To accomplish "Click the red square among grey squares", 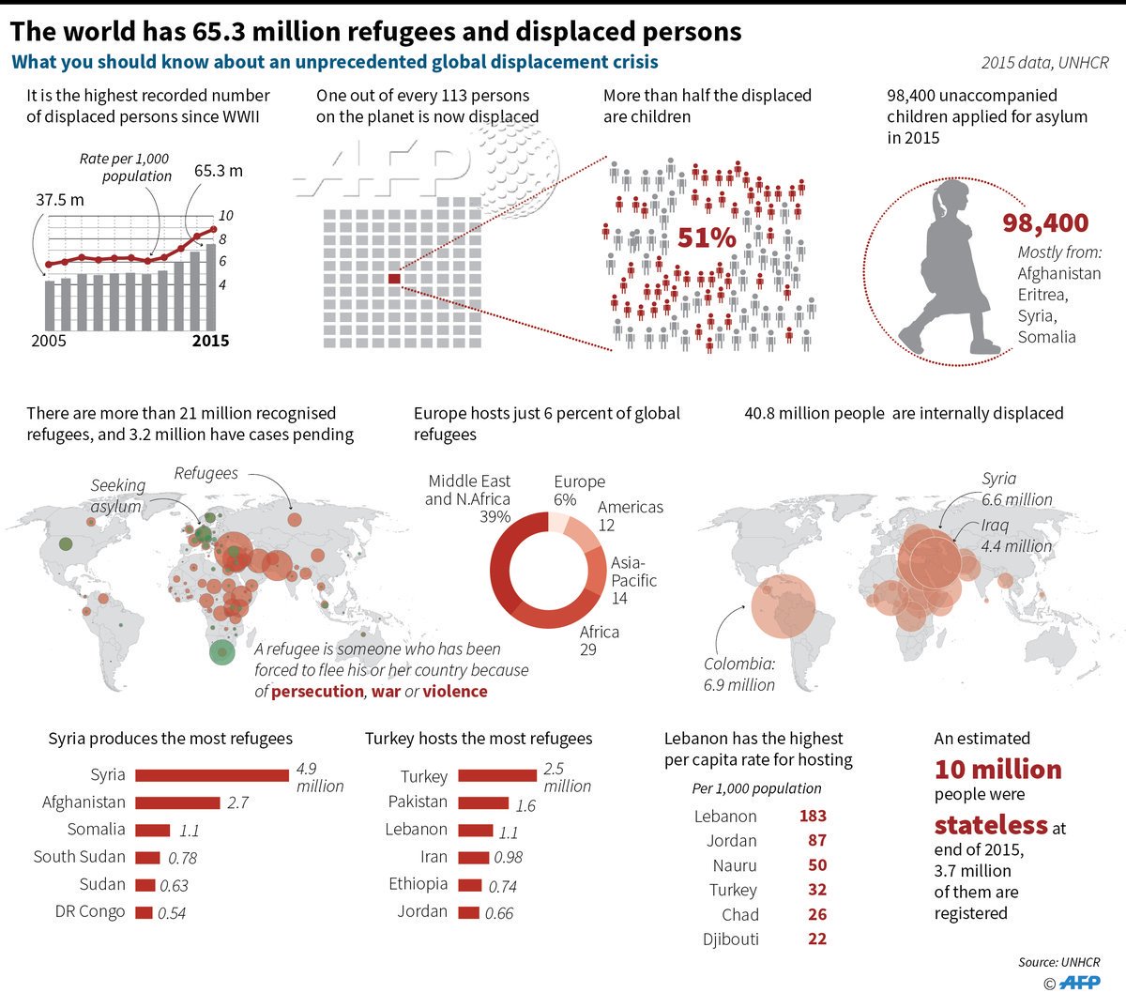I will click(394, 279).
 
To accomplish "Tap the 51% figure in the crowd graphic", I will click(706, 237).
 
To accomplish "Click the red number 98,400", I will click(1045, 223).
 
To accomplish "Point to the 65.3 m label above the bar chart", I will click(218, 171).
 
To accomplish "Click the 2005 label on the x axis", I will click(49, 341).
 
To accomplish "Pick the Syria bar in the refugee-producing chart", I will click(212, 775).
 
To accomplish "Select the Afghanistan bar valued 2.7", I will click(176, 802).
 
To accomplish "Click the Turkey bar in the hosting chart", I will click(497, 775).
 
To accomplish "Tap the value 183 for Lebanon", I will click(813, 816).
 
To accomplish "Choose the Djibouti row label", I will click(730, 939).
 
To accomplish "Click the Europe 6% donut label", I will click(579, 491).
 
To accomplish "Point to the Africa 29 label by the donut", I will click(599, 640).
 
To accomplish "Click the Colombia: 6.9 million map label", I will click(739, 674).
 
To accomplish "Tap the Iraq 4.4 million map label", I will click(1015, 536).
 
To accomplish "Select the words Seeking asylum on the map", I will click(117, 496).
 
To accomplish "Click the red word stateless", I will click(991, 825).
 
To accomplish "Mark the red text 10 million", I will click(998, 770).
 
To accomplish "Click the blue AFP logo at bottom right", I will click(1079, 983).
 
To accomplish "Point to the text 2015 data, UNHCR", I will click(1044, 63).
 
